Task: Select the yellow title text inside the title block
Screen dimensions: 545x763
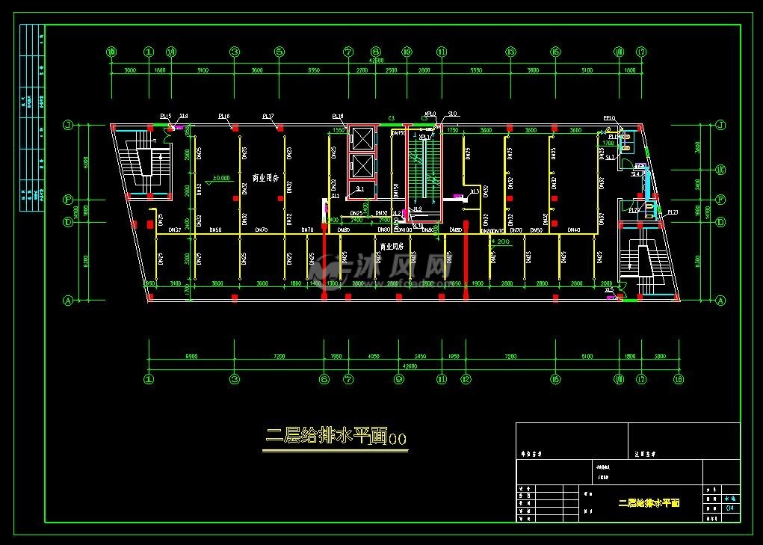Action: click(649, 503)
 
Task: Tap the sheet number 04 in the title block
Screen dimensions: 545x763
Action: click(730, 508)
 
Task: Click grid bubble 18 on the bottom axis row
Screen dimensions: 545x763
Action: click(679, 379)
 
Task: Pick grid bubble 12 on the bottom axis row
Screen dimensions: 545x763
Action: click(466, 379)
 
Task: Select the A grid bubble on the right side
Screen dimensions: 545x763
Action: click(721, 301)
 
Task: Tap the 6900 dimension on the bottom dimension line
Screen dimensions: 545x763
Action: click(191, 357)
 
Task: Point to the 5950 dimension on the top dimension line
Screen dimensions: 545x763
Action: click(313, 70)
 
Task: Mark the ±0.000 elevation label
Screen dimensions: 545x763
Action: click(220, 178)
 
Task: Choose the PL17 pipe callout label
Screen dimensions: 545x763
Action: click(268, 117)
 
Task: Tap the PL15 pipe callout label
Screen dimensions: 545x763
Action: click(165, 116)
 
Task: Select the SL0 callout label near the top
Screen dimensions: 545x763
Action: click(451, 114)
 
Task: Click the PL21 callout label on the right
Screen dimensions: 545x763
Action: click(673, 213)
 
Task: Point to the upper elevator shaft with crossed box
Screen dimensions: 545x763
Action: click(362, 138)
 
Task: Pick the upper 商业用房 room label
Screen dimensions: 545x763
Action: click(265, 179)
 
